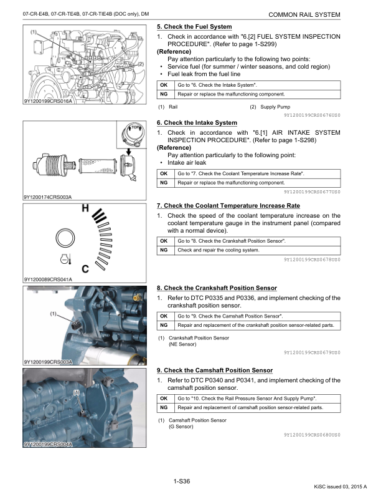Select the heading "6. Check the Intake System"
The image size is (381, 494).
pos(197,122)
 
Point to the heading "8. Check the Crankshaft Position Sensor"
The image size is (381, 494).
pos(217,288)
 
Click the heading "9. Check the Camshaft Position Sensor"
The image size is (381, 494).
pos(214,370)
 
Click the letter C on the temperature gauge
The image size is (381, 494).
pos(85,269)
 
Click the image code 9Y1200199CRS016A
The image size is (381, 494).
pos(47,100)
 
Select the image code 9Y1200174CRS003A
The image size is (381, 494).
pos(47,198)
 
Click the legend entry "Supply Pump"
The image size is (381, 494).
pos(275,107)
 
